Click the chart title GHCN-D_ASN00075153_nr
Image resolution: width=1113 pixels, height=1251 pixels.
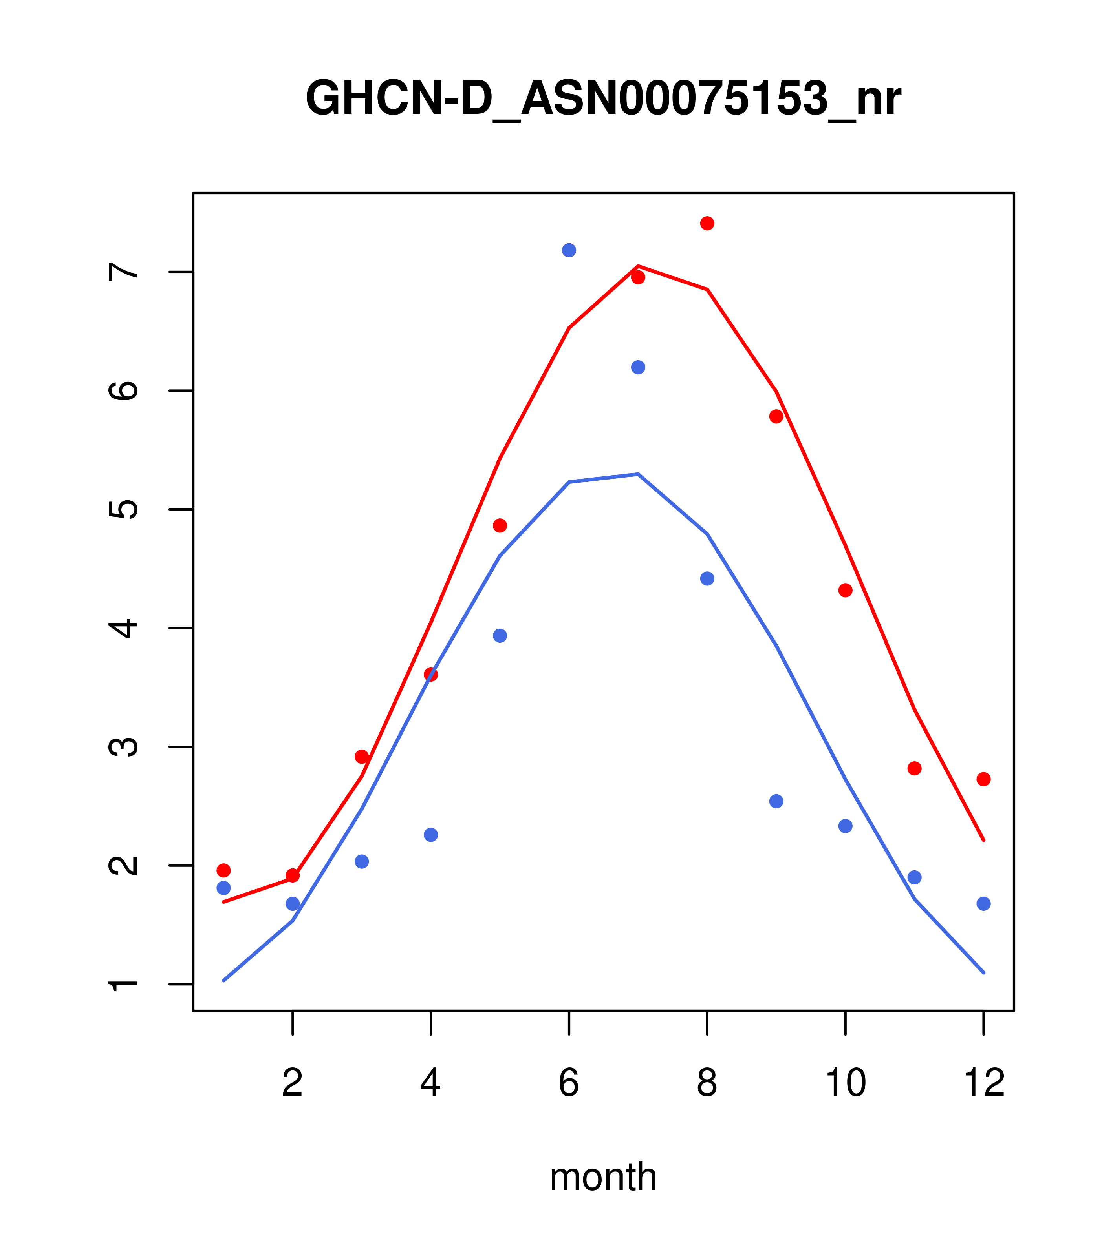[603, 98]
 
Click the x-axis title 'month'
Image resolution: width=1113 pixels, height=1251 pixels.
[603, 1177]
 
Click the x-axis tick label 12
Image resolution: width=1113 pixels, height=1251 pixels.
[984, 1083]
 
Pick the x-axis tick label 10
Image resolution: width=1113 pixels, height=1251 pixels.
[845, 1083]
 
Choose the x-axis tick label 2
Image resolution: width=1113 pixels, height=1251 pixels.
[293, 1083]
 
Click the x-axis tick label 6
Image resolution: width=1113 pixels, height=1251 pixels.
[569, 1083]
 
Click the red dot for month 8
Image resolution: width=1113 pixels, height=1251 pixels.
[707, 223]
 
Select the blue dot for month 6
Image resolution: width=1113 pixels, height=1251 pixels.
[569, 250]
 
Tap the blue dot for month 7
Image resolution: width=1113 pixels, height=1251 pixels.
[638, 367]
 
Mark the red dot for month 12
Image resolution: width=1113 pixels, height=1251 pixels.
[984, 779]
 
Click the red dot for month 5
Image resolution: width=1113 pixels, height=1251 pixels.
[500, 526]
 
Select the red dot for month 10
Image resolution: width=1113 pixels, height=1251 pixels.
[845, 591]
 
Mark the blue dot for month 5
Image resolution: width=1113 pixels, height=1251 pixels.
[500, 636]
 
